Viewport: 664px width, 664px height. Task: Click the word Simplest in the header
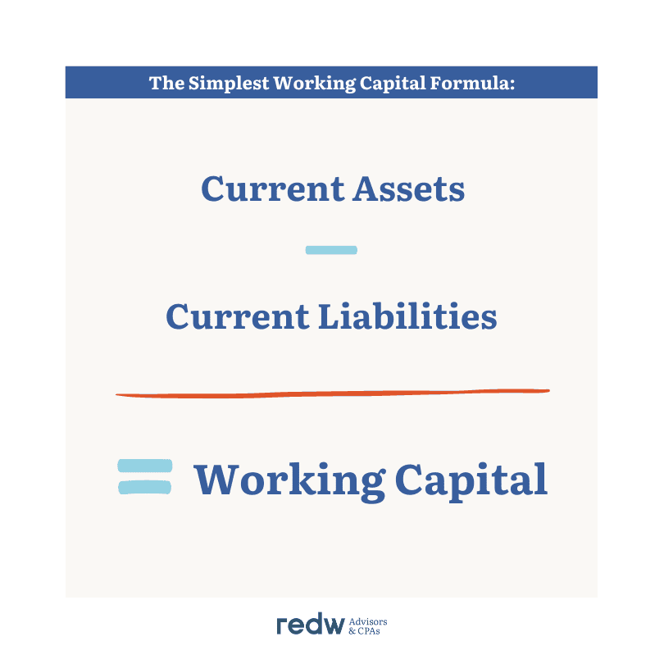[x=229, y=83]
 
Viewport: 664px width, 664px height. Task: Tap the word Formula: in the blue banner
[x=473, y=83]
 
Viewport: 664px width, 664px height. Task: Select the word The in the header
[x=167, y=83]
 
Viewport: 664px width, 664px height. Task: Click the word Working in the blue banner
[x=315, y=84]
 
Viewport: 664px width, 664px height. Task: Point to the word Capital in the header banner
[x=393, y=84]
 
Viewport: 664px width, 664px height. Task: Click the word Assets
[x=409, y=189]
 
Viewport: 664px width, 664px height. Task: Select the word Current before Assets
[x=273, y=189]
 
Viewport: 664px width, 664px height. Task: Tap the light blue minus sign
[x=331, y=250]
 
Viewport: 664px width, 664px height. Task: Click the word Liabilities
[x=407, y=316]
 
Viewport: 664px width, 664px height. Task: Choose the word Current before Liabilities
[x=238, y=316]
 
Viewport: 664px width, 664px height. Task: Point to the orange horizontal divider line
[x=333, y=393]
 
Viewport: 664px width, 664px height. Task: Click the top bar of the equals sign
[x=145, y=466]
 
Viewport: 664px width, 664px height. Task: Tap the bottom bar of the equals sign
[x=145, y=487]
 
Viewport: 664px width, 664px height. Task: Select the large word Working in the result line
[x=289, y=482]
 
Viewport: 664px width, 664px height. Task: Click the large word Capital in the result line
[x=471, y=482]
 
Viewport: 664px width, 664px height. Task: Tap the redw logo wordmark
[x=311, y=624]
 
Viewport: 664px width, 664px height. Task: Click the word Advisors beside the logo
[x=368, y=621]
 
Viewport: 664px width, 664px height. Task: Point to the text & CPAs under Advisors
[x=364, y=631]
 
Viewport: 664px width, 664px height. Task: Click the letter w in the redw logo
[x=332, y=626]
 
